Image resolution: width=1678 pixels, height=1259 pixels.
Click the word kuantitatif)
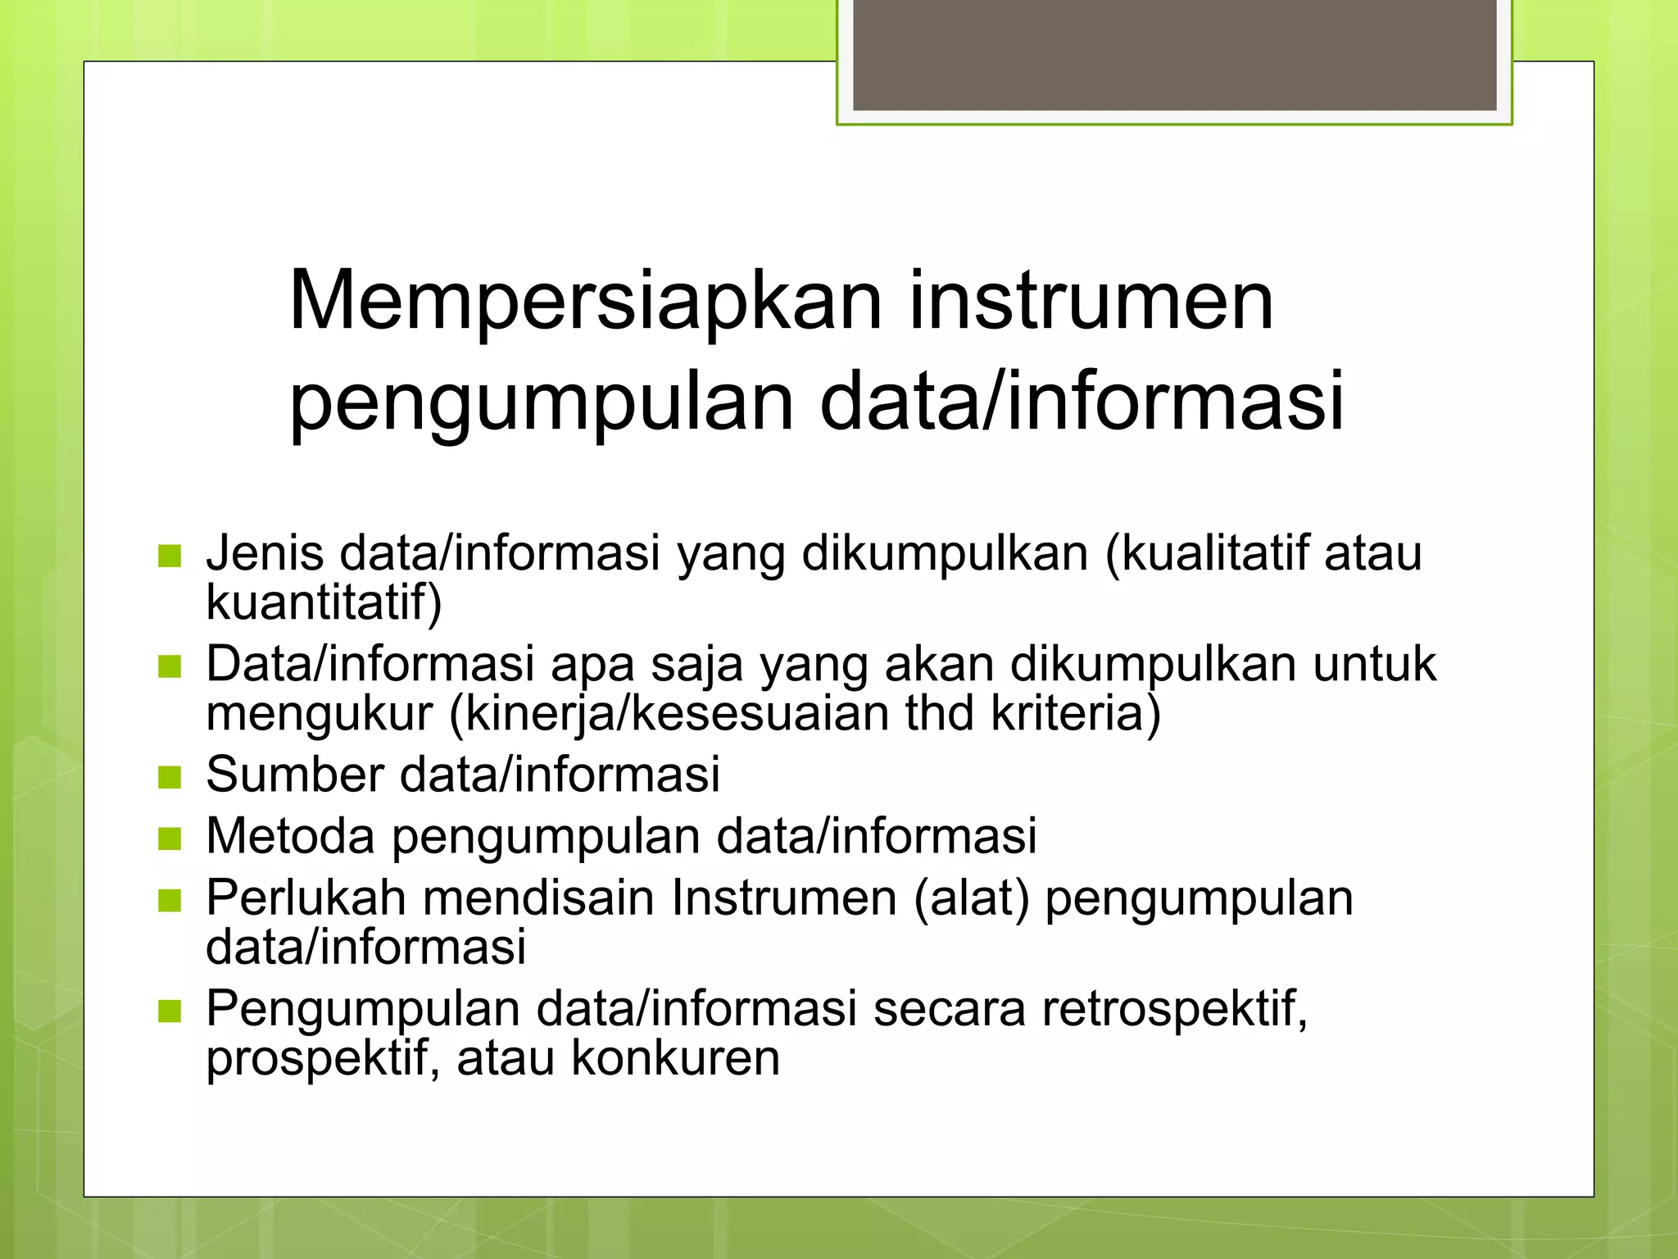click(324, 602)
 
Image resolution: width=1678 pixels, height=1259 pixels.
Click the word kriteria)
click(1076, 713)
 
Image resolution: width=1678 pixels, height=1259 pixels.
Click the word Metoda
click(291, 836)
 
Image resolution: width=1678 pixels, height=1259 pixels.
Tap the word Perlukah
click(306, 898)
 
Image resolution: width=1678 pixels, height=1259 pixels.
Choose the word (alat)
click(971, 898)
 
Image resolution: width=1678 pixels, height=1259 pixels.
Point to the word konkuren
click(675, 1058)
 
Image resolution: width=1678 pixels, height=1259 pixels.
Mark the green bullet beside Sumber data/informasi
click(169, 776)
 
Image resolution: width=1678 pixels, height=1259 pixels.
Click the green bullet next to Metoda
click(169, 839)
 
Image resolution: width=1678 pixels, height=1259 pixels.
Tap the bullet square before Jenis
click(169, 556)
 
